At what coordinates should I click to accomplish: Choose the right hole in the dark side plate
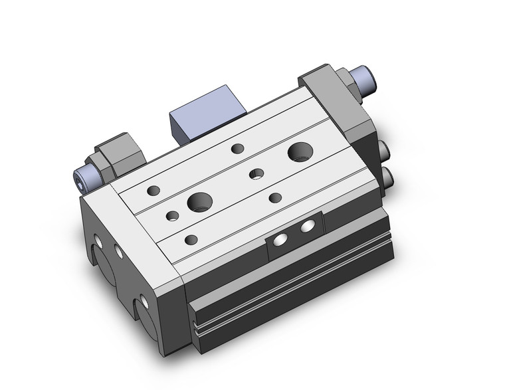pos(307,227)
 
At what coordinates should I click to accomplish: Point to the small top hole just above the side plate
pos(275,197)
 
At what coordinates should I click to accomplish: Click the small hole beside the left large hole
pos(172,215)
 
